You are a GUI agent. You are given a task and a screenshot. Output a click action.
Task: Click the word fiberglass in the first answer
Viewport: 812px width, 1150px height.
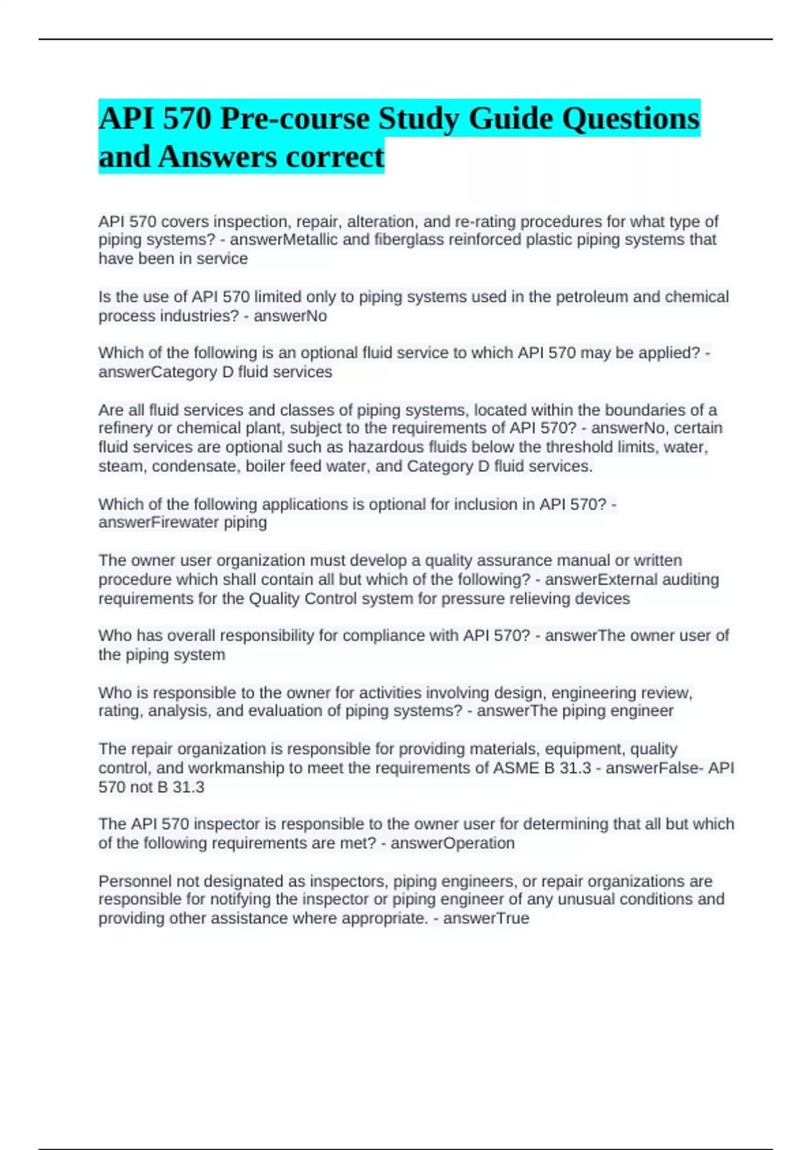coord(407,239)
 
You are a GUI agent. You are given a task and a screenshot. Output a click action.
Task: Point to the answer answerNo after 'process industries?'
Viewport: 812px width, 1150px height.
coord(290,316)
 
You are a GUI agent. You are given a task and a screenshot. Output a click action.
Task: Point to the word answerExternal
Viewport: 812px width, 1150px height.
coord(602,579)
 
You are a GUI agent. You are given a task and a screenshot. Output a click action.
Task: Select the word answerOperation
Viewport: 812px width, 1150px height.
coord(452,843)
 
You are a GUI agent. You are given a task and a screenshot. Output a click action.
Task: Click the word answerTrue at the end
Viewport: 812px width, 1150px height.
coord(486,918)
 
